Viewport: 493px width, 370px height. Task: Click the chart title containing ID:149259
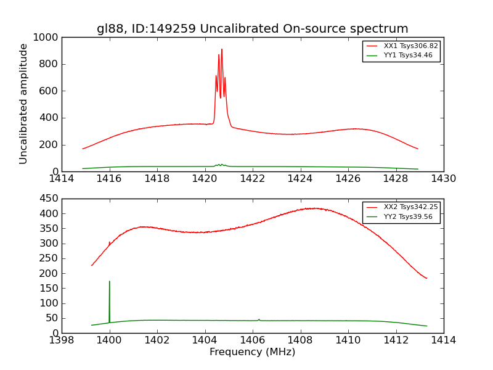[x=252, y=29]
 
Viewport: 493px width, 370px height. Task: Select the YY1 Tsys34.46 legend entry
[x=408, y=55]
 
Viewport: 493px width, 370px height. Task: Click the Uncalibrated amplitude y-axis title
[x=23, y=104]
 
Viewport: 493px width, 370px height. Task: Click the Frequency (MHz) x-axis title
[x=252, y=352]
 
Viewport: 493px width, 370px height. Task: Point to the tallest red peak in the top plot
[x=222, y=50]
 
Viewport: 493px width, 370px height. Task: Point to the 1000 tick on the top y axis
[x=47, y=38]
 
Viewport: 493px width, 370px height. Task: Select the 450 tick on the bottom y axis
[x=50, y=199]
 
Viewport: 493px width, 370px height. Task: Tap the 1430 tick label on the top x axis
[x=443, y=179]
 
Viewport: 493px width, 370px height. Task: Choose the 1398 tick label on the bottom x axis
[x=62, y=340]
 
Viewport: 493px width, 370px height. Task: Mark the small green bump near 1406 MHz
[x=259, y=319]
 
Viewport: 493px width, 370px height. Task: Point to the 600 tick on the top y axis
[x=50, y=91]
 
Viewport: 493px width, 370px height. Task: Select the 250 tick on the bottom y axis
[x=50, y=258]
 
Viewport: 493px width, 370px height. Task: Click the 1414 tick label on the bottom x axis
[x=443, y=340]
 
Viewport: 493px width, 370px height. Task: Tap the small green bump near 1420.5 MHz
[x=219, y=165]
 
